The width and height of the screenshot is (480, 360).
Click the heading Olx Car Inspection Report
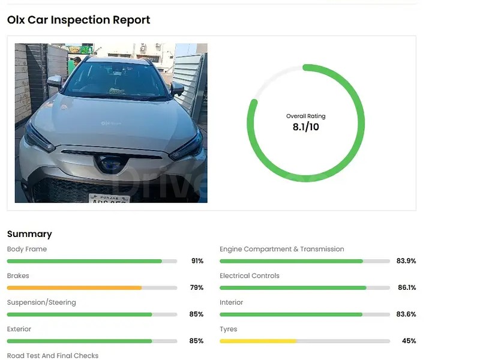[x=79, y=20]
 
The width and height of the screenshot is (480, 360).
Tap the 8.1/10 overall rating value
[x=306, y=127]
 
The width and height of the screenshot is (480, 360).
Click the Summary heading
[x=29, y=234]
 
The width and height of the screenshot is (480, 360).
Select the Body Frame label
[x=27, y=249]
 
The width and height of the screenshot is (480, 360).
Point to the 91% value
[x=197, y=261]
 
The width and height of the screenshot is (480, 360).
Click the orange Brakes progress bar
[x=74, y=288]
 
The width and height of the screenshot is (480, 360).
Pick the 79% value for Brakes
[x=197, y=288]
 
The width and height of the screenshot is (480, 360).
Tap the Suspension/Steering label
[x=41, y=302]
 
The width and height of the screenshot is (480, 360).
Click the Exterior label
[x=19, y=329]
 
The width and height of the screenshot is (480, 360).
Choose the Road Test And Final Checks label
[x=53, y=356]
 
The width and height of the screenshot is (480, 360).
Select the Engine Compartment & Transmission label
[x=282, y=249]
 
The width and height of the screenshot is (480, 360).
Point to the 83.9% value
[x=406, y=261]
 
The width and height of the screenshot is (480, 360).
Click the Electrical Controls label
[x=250, y=276]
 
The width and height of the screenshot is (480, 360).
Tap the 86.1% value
[x=407, y=288]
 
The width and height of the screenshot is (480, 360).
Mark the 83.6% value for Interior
[x=406, y=314]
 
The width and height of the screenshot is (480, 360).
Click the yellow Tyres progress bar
[x=258, y=341]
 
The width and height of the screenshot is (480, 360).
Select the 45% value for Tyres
[x=409, y=341]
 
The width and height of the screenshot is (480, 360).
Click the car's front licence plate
[x=109, y=199]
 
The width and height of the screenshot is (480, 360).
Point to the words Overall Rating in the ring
[x=306, y=116]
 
